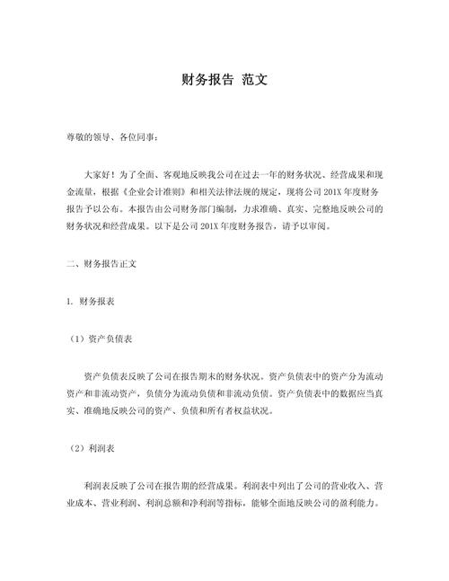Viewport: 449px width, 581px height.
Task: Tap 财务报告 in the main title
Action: (x=207, y=80)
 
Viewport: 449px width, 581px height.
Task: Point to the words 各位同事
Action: (x=136, y=137)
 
